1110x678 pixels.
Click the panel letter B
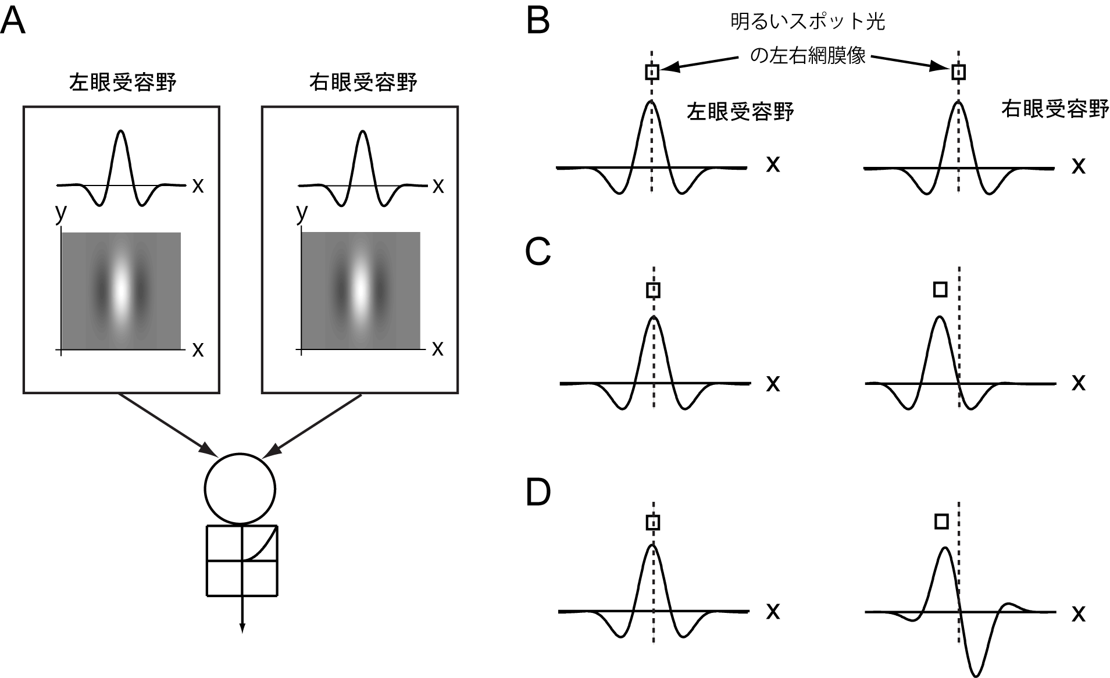[x=538, y=22]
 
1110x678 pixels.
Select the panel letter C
[x=538, y=252]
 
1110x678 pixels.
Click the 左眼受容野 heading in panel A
[x=122, y=83]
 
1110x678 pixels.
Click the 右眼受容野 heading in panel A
[x=363, y=83]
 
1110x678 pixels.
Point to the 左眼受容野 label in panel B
[x=740, y=111]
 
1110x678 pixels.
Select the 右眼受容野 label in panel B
[x=1054, y=109]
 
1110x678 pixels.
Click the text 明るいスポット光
[x=808, y=22]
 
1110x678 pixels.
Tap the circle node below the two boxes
[x=240, y=488]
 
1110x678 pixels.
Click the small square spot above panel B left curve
[x=652, y=72]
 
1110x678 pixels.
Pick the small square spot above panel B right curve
[x=958, y=72]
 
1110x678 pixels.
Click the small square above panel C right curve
[x=940, y=289]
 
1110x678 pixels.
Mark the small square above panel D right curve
[x=941, y=522]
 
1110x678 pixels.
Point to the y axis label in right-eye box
[x=301, y=213]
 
